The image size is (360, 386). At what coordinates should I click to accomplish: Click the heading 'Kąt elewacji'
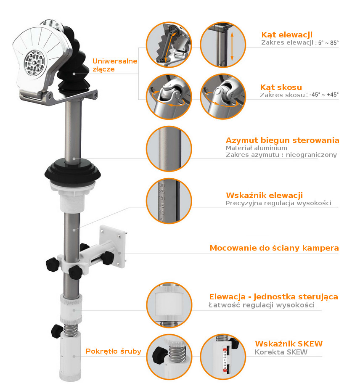(287, 35)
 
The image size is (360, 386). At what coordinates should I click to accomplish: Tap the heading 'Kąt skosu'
(281, 87)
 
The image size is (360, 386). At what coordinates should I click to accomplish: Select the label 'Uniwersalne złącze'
(115, 65)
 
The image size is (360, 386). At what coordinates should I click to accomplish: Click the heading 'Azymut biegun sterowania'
(283, 140)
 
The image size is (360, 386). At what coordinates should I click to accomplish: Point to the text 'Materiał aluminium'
(257, 148)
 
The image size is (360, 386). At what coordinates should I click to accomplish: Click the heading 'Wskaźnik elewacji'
(265, 195)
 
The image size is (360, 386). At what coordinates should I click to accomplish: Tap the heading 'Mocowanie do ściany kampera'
(274, 248)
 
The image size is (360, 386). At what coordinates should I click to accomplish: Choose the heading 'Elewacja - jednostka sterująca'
(273, 296)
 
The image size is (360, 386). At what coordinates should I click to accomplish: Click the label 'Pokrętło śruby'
(114, 351)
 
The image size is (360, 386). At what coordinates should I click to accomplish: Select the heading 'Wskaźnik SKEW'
(289, 344)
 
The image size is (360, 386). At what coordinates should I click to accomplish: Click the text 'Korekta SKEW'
(281, 352)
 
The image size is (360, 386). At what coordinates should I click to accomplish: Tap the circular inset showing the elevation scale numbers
(169, 201)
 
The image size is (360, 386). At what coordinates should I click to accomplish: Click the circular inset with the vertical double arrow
(223, 45)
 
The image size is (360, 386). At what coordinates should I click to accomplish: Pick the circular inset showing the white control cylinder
(169, 305)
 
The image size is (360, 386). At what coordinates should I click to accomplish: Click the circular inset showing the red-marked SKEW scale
(223, 357)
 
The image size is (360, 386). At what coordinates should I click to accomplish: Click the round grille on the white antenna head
(34, 61)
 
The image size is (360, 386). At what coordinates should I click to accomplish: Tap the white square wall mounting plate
(113, 246)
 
